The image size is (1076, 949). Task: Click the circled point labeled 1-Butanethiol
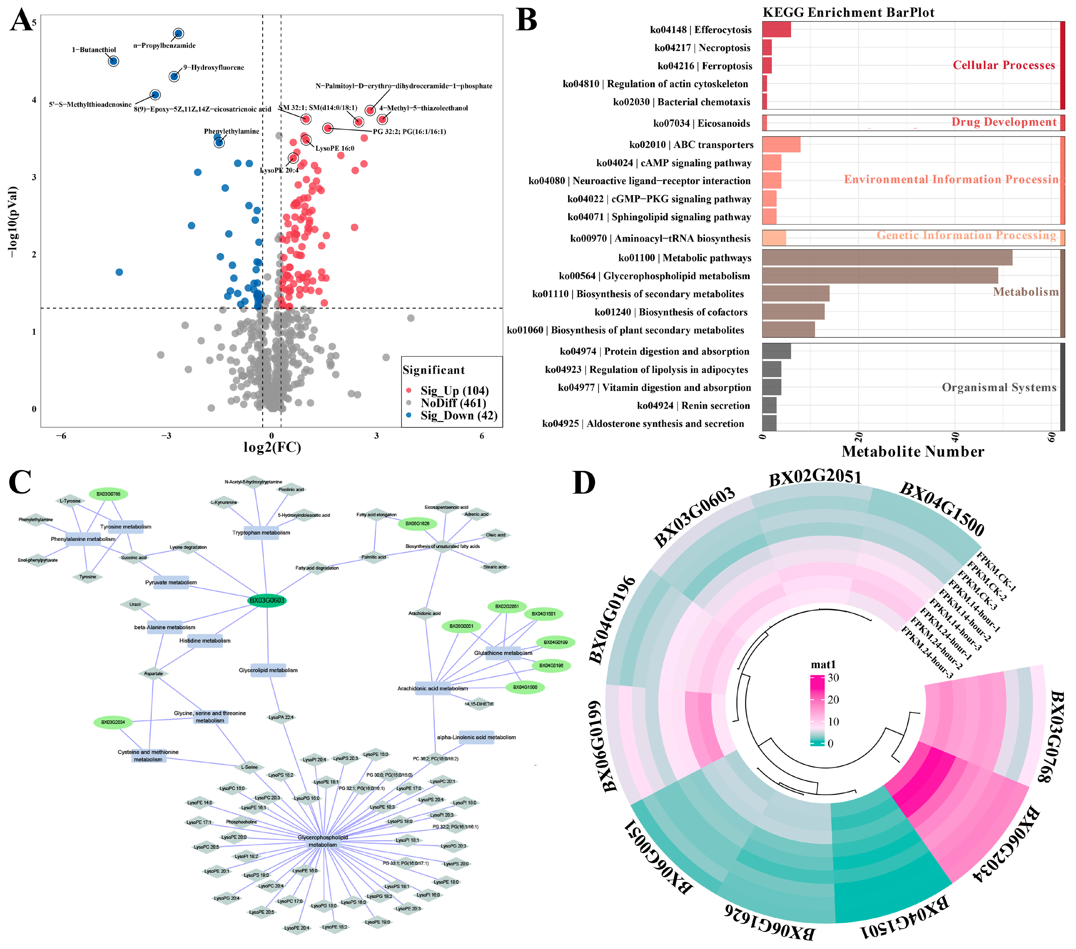click(x=113, y=61)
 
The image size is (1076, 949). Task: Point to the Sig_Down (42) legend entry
click(x=458, y=416)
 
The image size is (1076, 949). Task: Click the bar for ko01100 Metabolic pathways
click(x=887, y=257)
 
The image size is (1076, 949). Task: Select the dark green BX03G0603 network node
click(x=267, y=600)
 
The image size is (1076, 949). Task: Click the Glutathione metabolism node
click(x=503, y=653)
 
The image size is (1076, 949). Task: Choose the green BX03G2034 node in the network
click(x=113, y=722)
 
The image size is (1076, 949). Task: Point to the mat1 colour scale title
click(x=823, y=665)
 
